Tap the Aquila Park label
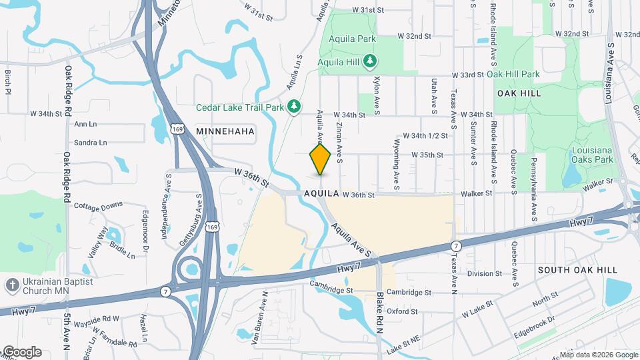point(347,39)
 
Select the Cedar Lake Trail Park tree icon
point(294,107)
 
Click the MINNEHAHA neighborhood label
point(225,131)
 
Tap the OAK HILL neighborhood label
point(519,93)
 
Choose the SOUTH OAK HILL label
point(577,269)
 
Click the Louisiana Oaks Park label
point(592,155)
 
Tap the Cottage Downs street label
point(99,206)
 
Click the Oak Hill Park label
point(513,74)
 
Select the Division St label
point(485,273)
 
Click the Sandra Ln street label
point(91,143)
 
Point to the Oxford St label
point(401,311)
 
